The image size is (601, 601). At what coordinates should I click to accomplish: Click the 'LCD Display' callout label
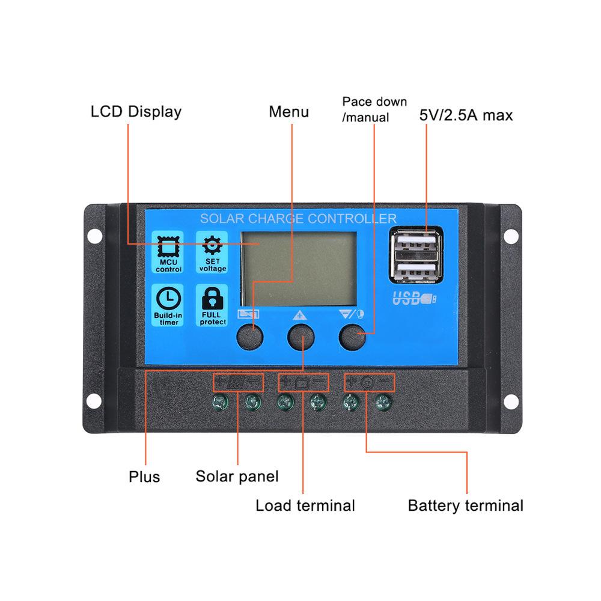coord(136,112)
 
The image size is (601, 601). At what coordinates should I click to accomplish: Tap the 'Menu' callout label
coord(288,112)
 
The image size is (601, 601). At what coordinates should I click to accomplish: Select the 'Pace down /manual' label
coord(374,109)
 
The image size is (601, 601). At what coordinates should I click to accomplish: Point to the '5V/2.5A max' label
coord(466,115)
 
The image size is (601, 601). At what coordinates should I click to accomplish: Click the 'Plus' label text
coord(144,477)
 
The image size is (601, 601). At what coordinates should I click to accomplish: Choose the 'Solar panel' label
coord(237,477)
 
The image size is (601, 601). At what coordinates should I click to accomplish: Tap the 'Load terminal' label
coord(305,505)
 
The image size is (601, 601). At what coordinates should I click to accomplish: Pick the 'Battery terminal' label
coord(465,505)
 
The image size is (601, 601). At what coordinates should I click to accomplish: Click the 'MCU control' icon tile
coord(168,252)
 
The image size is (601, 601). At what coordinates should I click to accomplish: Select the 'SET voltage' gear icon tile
coord(212,252)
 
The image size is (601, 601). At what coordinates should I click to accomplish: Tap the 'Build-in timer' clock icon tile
coord(168,305)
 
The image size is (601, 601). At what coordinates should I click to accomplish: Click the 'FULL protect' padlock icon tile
coord(212,305)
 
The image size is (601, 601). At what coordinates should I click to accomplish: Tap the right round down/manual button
coord(352,337)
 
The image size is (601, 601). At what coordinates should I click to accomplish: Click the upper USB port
coord(416,242)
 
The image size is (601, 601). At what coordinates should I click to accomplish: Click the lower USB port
coord(416,270)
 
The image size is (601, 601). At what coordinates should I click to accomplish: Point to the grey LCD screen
coord(299,269)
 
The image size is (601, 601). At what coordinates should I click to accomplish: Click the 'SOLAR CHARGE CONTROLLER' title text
coord(298,219)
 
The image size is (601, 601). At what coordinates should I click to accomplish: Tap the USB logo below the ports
coord(414,298)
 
